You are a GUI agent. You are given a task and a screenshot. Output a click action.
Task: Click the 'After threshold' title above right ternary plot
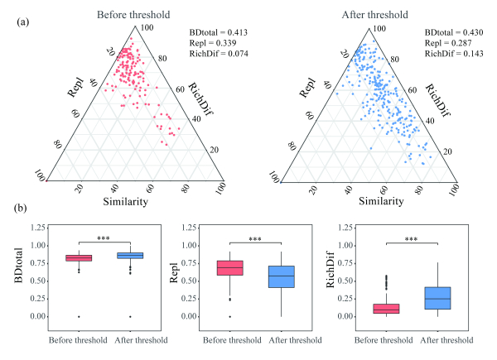[x=364, y=14]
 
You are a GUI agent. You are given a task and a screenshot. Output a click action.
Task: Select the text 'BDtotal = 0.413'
[x=219, y=30]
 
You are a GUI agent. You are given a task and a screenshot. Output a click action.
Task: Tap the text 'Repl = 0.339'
[x=210, y=42]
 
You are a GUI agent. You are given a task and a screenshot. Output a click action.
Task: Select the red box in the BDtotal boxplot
[x=79, y=258]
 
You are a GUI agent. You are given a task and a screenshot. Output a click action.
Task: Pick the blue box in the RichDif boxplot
[x=437, y=298]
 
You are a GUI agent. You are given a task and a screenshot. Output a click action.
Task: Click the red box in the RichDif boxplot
[x=385, y=308]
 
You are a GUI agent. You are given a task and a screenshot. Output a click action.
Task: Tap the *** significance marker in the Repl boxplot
[x=258, y=238]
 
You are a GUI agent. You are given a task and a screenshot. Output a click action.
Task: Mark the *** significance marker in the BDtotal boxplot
[x=104, y=238]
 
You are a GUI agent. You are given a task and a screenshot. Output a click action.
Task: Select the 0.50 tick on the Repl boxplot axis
[x=190, y=281]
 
